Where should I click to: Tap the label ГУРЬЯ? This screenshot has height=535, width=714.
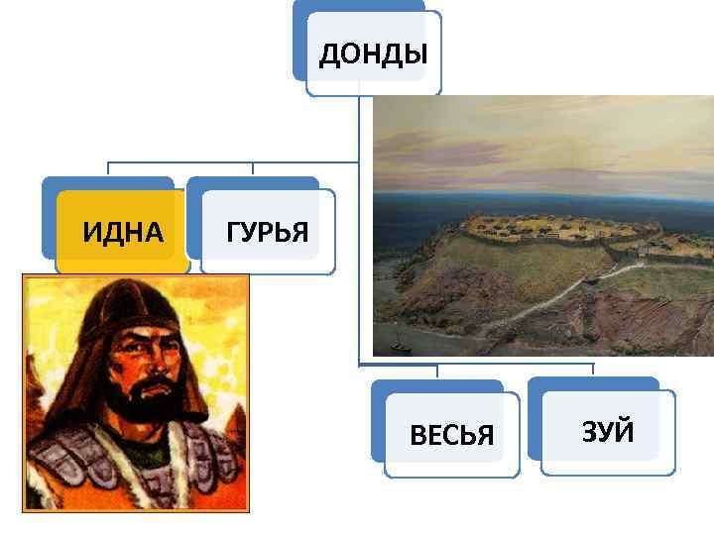click(267, 233)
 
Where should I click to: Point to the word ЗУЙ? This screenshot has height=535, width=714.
click(608, 432)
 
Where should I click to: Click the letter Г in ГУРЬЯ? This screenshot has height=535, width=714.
click(233, 233)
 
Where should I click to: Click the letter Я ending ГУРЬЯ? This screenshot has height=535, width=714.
click(300, 233)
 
